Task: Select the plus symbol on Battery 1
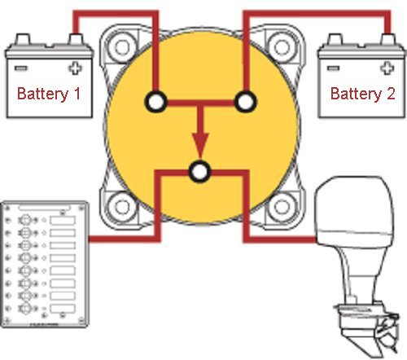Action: click(x=79, y=67)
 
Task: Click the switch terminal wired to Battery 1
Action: click(x=155, y=102)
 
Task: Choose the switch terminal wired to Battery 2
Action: click(x=245, y=102)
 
